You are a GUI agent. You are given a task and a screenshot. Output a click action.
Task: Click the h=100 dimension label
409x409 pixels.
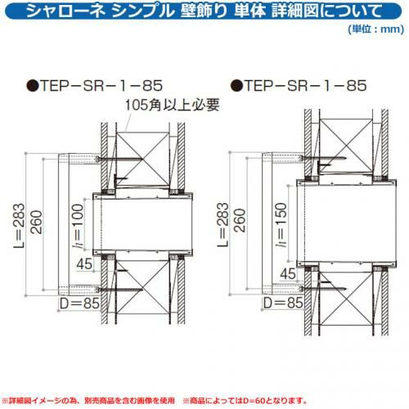[x=79, y=227]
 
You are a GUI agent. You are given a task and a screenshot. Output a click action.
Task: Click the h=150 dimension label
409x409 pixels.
[x=282, y=225]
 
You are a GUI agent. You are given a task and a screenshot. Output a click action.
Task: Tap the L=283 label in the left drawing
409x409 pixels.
[x=19, y=227]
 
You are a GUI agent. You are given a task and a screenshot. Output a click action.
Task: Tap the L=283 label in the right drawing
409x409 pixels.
[x=223, y=225]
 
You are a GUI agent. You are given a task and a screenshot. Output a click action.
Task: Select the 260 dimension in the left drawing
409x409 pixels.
[x=37, y=222]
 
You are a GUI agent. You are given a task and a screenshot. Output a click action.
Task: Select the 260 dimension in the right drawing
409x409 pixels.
[x=240, y=220]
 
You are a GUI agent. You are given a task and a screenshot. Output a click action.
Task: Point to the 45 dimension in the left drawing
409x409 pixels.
[x=84, y=264]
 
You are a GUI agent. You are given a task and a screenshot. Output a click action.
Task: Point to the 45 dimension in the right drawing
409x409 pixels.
[x=288, y=274]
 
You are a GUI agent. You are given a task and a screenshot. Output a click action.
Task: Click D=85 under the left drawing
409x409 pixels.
[x=79, y=303]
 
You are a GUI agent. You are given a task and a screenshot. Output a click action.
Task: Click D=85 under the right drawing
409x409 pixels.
[x=283, y=303]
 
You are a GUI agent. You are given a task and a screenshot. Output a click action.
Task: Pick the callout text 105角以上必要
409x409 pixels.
[x=173, y=105]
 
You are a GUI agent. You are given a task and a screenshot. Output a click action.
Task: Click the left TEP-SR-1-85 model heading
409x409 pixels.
[x=101, y=85]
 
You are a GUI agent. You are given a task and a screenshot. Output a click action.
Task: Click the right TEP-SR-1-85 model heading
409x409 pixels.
[x=305, y=85]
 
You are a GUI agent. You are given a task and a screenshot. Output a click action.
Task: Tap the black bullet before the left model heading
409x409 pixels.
[x=32, y=86]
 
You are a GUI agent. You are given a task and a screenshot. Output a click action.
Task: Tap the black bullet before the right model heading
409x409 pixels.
[x=236, y=86]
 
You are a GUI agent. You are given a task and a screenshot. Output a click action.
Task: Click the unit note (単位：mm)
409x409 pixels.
[x=376, y=29]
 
